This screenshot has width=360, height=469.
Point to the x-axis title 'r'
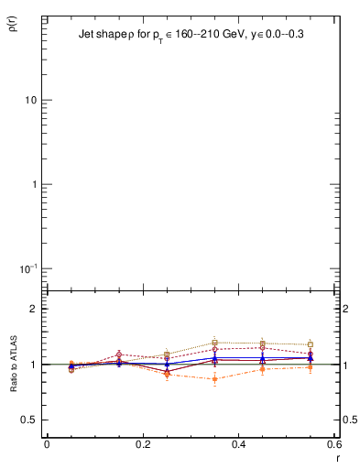(x=339, y=455)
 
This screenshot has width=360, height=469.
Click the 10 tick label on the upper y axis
(x=30, y=100)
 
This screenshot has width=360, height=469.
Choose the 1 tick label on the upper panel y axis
(x=34, y=184)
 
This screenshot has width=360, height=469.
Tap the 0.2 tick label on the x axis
(x=143, y=442)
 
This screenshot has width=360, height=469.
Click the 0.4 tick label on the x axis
(x=238, y=442)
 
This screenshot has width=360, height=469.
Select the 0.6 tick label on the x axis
(x=334, y=442)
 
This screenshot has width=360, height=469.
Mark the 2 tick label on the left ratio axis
(x=34, y=310)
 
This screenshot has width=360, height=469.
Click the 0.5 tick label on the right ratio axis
(x=349, y=420)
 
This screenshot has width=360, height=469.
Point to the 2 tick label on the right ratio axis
(x=346, y=310)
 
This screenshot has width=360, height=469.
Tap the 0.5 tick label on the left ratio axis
(x=30, y=420)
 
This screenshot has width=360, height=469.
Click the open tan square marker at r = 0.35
(x=214, y=343)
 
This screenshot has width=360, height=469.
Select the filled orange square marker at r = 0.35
(x=214, y=378)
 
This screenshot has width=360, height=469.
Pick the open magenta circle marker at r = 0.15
(x=119, y=354)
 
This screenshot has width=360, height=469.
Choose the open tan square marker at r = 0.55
(x=311, y=345)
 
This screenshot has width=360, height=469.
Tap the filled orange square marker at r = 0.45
(x=263, y=369)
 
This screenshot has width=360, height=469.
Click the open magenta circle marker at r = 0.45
(x=263, y=348)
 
